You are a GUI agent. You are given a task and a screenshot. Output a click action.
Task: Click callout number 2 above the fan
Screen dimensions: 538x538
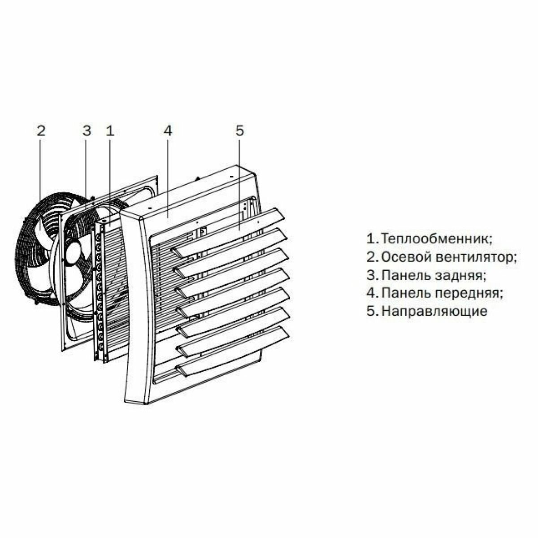click(x=41, y=131)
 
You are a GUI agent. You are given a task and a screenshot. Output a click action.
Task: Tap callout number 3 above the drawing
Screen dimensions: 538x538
click(x=87, y=131)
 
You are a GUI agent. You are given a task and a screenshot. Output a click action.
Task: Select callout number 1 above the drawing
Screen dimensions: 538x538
click(x=110, y=131)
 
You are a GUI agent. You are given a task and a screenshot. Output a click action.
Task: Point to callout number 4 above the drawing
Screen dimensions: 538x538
click(x=168, y=131)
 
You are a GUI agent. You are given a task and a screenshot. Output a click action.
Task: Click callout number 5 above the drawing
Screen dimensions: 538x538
click(x=239, y=131)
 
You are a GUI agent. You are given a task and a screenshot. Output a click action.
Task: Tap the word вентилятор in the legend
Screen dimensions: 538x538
click(x=475, y=257)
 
